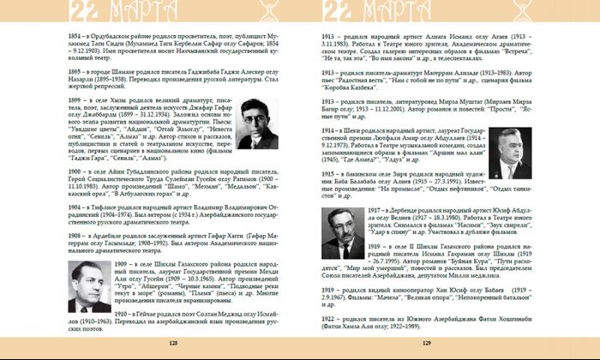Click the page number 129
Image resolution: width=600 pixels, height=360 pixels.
pyautogui.click(x=426, y=342)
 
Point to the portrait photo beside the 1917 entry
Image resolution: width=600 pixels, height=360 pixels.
pyautogui.click(x=350, y=231)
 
